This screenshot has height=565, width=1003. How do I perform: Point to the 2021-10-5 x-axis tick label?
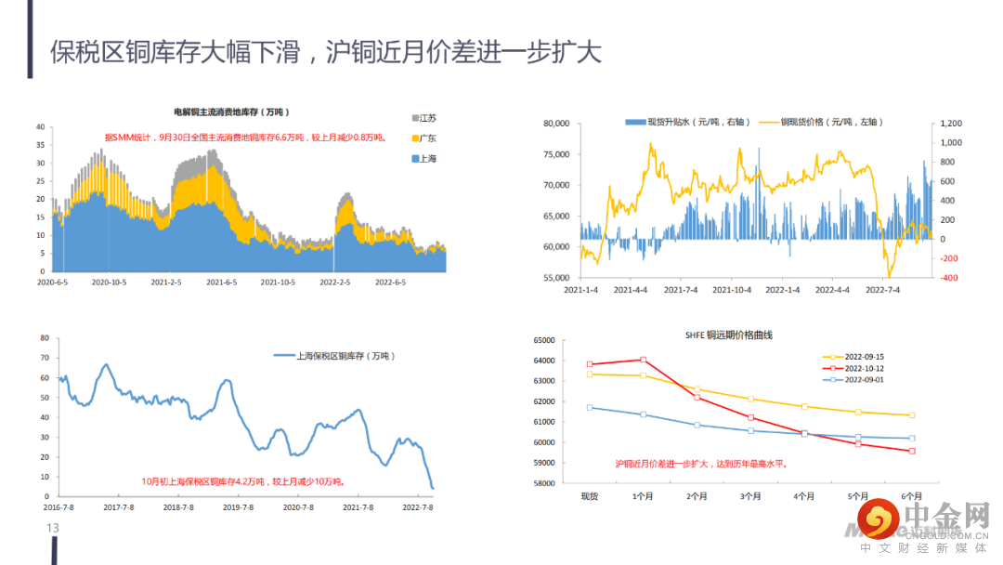278,281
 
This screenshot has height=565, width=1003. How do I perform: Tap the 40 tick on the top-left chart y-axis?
41,127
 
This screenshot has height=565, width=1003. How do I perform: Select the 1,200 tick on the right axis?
950,124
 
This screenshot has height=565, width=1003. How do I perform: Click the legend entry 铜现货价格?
830,122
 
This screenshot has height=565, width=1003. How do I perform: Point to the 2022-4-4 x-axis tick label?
832,290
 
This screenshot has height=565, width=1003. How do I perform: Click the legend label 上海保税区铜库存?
344,355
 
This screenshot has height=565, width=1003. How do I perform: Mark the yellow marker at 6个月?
912,415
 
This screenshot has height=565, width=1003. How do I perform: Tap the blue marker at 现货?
590,407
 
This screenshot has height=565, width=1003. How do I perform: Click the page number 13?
53,529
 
